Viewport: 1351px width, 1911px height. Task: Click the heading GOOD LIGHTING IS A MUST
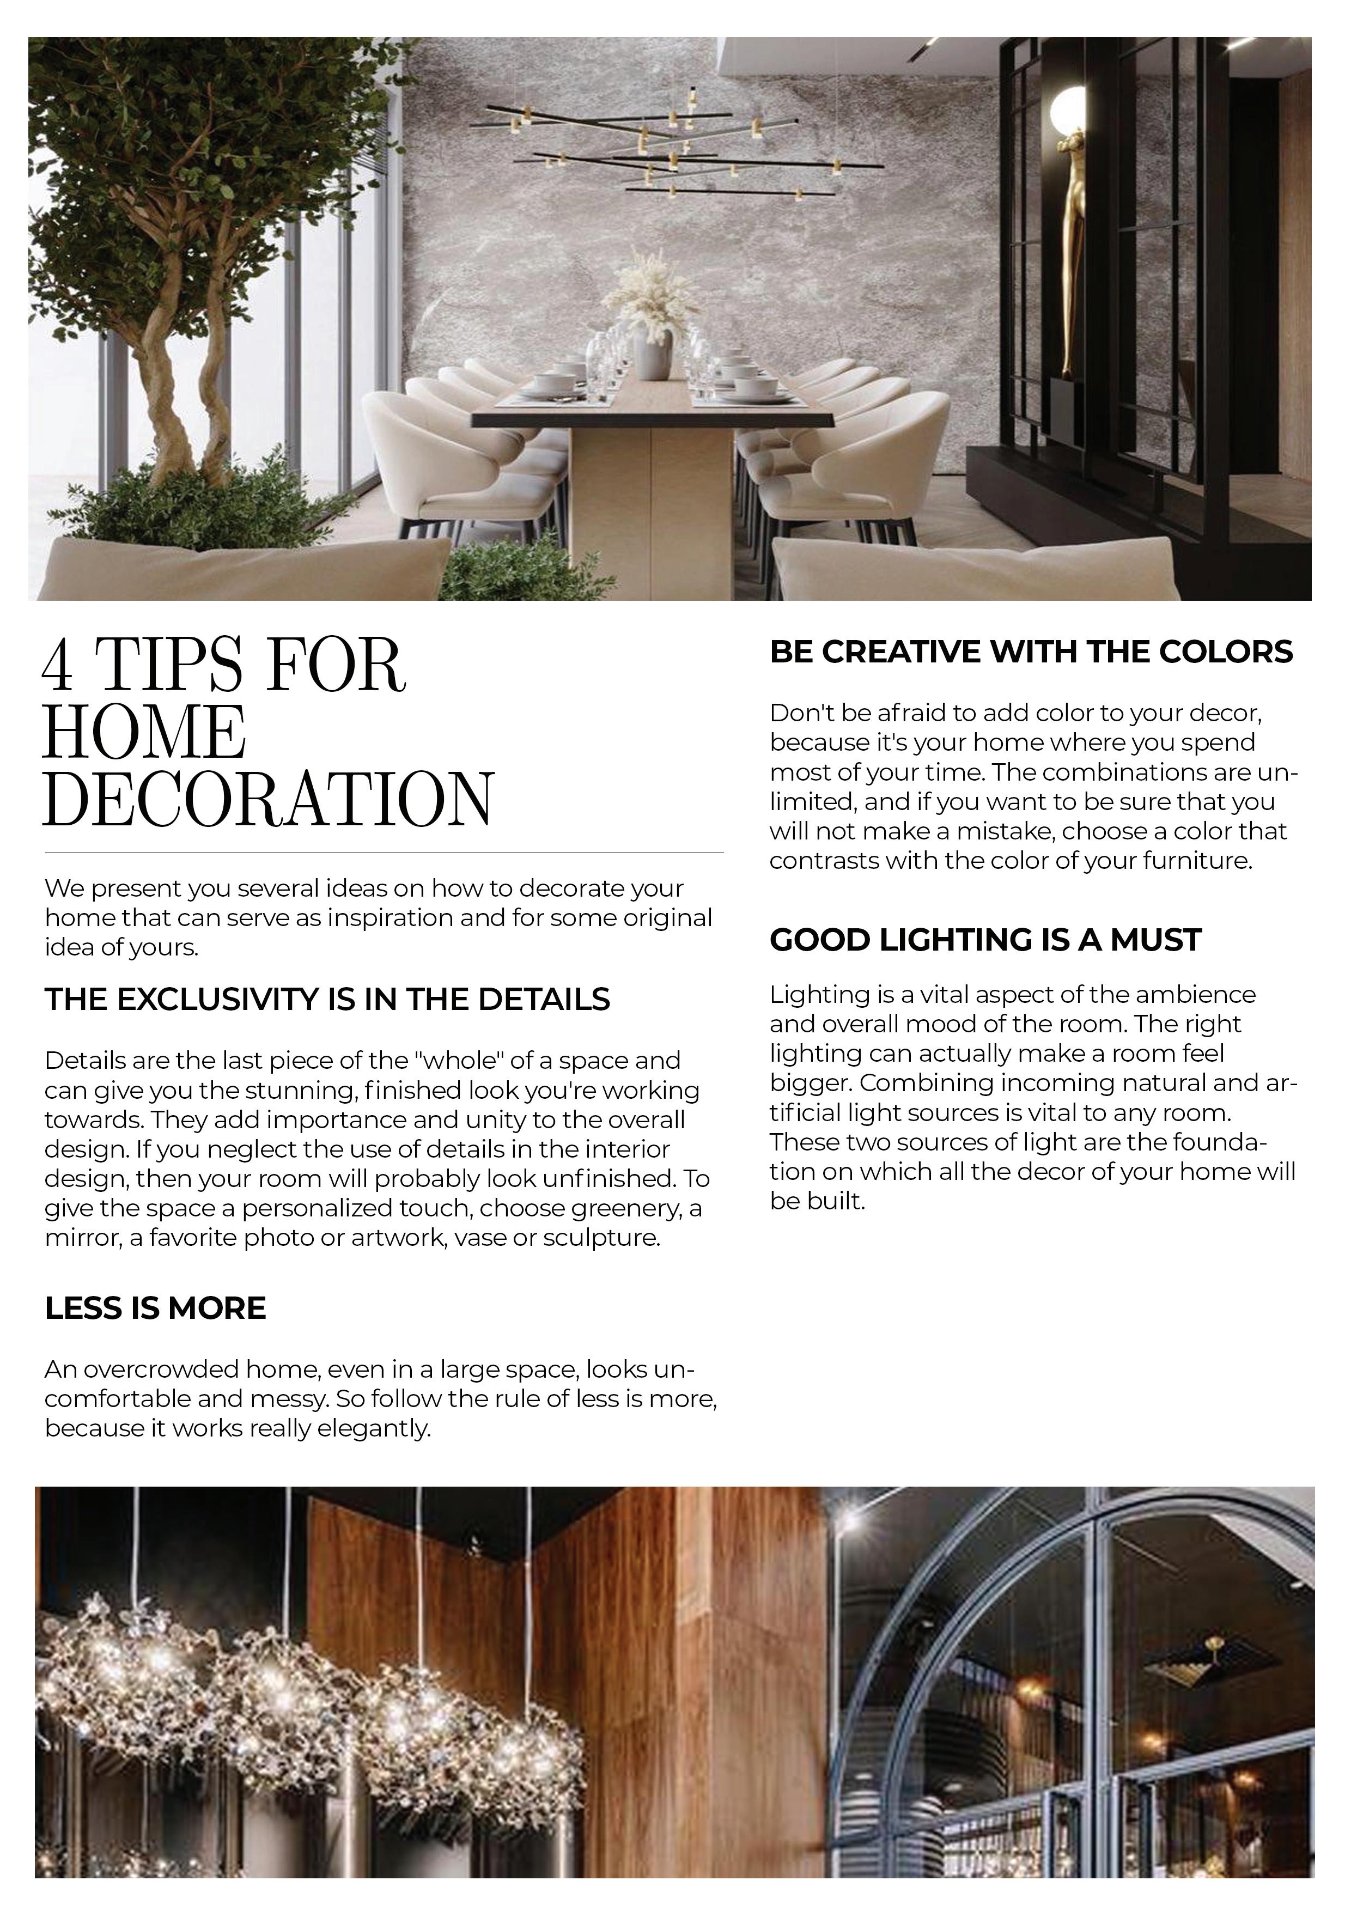985,940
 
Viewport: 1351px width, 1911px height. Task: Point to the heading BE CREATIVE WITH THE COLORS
1031,652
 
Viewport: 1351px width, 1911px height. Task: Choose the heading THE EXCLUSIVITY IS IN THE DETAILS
327,999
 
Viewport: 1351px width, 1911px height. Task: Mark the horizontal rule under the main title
384,853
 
